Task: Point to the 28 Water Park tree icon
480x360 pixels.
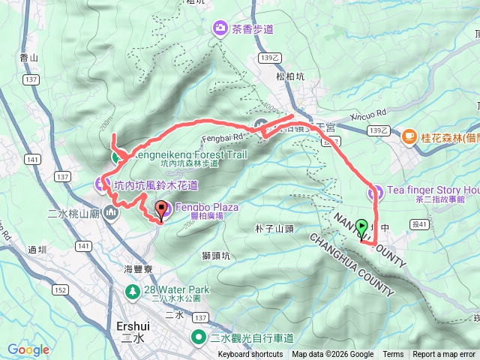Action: point(132,289)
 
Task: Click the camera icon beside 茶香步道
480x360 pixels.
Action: point(220,28)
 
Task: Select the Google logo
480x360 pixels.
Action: point(28,349)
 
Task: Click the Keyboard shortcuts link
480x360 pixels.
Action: point(250,355)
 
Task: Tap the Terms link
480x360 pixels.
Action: point(393,355)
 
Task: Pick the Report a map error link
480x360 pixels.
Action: point(445,355)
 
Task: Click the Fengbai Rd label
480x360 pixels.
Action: point(222,136)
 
